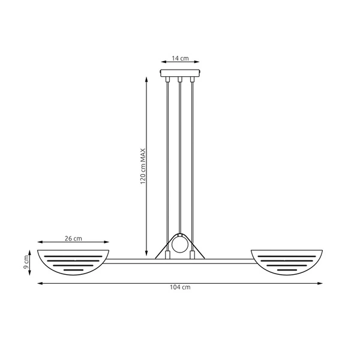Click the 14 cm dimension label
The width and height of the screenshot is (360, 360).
(x=181, y=58)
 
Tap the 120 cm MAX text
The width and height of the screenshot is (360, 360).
(x=143, y=167)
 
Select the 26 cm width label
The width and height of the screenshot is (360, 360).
(x=73, y=238)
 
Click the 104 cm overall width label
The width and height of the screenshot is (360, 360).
(x=181, y=288)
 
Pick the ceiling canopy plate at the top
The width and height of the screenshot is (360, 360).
(x=180, y=74)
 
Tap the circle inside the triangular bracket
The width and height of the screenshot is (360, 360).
(x=180, y=245)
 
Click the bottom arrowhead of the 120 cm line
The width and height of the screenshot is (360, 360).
(x=147, y=254)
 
